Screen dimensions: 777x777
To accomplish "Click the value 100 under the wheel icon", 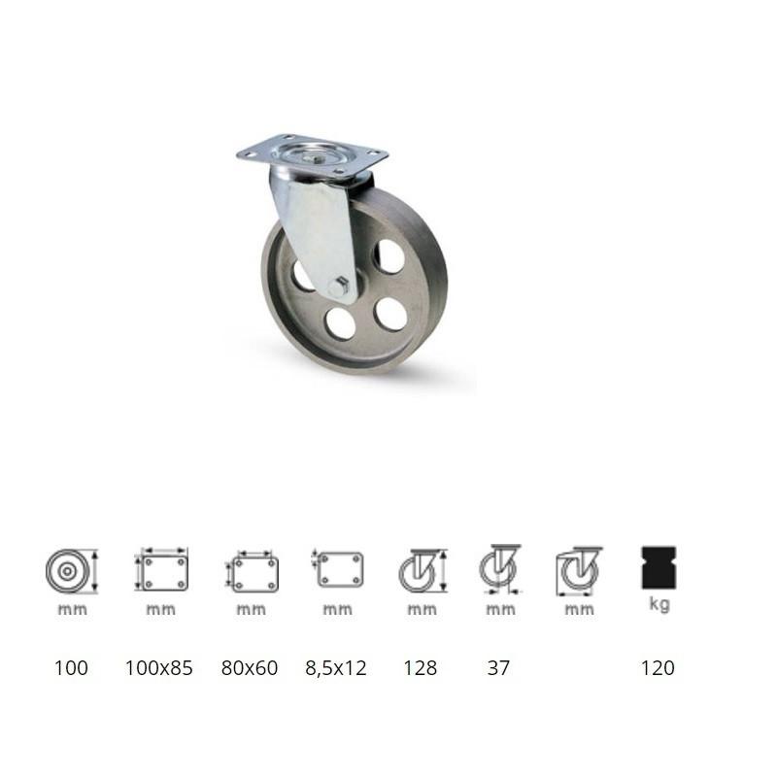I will [72, 668].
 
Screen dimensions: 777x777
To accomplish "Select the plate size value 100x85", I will [158, 668].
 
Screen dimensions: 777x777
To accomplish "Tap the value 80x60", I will [249, 668].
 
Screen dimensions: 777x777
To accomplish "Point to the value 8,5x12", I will [336, 668].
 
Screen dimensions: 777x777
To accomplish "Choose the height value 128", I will [421, 668].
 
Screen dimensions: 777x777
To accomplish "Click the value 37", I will [498, 668].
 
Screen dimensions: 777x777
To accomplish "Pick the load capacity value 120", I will [658, 668].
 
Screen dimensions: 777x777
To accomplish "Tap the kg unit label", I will [659, 604].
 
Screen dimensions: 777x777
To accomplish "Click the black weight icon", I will [659, 568].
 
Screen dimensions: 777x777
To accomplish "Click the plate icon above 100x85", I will [161, 570].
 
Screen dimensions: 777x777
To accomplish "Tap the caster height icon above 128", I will [422, 571].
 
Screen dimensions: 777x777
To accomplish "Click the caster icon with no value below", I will [579, 571].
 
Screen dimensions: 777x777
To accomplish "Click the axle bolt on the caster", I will [337, 288].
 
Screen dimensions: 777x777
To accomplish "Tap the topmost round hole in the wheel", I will [390, 255].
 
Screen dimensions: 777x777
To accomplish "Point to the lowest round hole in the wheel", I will [341, 322].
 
